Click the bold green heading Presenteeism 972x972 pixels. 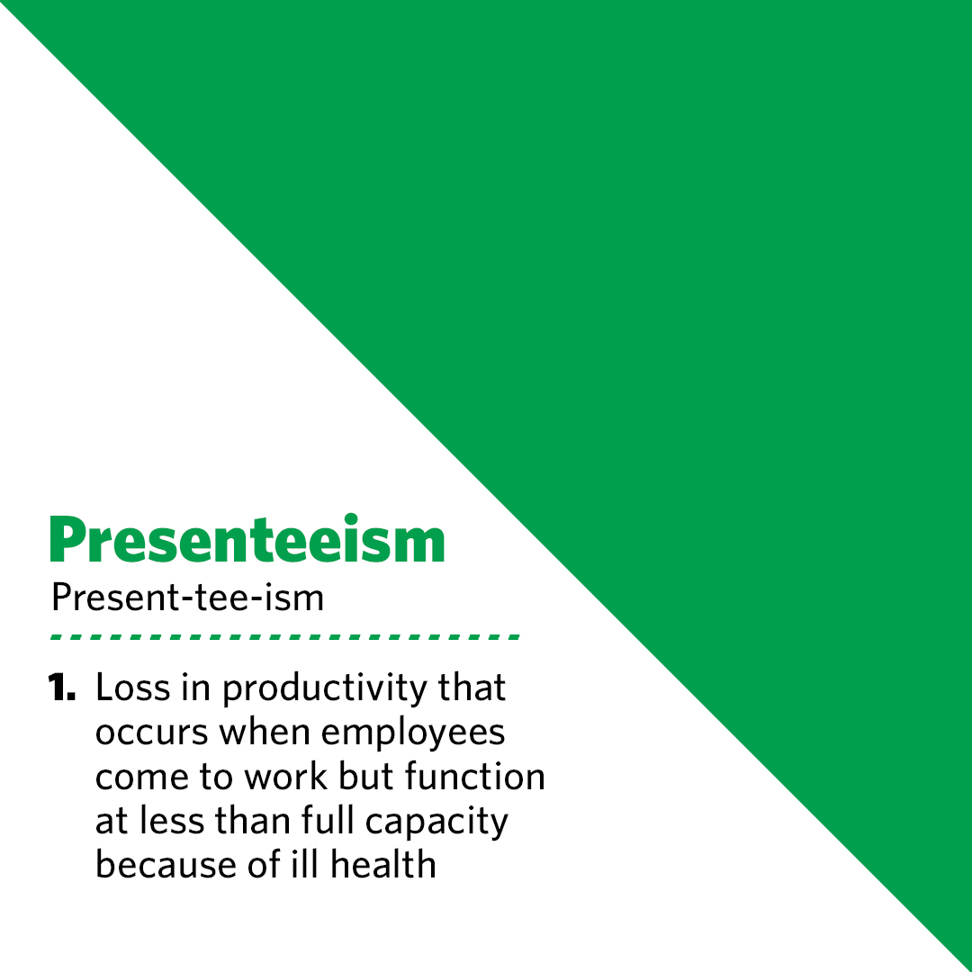247,541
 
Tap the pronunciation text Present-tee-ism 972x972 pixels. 187,597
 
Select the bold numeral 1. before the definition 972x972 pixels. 65,689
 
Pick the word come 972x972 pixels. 139,778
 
